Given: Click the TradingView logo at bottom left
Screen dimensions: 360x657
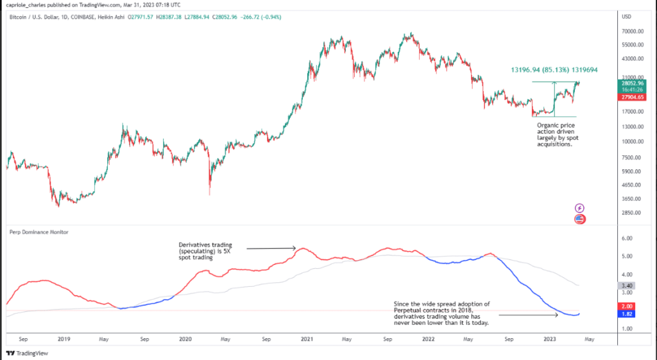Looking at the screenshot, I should (x=22, y=353).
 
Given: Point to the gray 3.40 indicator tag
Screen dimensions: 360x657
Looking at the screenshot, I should (x=627, y=285).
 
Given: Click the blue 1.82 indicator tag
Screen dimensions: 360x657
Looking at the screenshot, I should (x=627, y=314).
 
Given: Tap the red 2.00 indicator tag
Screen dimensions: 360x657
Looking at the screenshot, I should (x=627, y=306).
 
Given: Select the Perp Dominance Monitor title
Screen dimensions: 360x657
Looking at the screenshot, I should (x=38, y=232).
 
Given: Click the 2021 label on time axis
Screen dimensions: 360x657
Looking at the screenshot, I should (x=307, y=338).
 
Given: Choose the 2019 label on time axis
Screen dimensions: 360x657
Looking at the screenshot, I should (x=63, y=338).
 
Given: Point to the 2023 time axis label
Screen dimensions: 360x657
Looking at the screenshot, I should (x=550, y=338).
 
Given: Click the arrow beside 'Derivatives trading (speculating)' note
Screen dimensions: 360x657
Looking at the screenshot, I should (x=271, y=248).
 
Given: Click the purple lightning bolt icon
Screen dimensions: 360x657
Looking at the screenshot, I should (x=579, y=208).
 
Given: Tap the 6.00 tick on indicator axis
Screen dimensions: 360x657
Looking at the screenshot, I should (x=627, y=238).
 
